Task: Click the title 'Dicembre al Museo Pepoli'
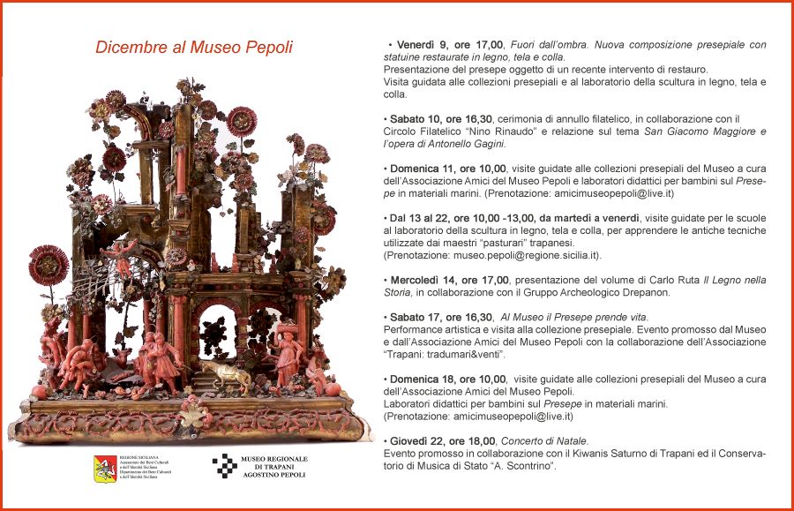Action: tap(194, 48)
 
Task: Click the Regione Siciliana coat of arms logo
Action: tap(106, 467)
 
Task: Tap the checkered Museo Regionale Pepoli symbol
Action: tap(225, 465)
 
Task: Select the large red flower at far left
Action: tap(49, 266)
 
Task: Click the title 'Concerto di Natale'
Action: tap(543, 441)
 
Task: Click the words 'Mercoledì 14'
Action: tap(424, 280)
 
